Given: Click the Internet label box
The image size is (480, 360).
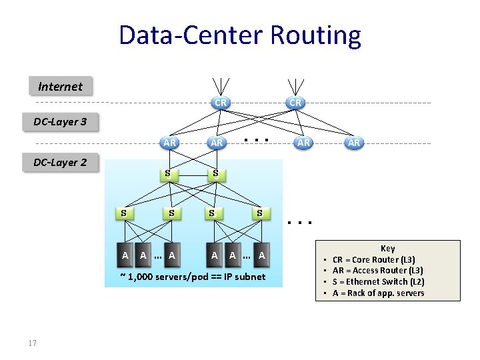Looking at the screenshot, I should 61,86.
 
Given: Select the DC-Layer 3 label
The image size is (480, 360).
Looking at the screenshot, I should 61,122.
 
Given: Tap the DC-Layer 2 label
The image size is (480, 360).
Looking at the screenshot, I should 61,162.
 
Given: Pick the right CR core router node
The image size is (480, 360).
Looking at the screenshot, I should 295,103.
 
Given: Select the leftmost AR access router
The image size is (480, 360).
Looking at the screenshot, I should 170,143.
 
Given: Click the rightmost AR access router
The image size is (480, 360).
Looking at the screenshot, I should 353,143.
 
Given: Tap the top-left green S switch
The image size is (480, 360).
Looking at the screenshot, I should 169,175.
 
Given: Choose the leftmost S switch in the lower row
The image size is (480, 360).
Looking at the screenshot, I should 124,213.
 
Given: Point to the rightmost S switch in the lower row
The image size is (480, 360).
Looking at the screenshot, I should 261,213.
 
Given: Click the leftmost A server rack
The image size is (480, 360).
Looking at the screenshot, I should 125,254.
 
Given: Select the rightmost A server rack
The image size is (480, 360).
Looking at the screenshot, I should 262,254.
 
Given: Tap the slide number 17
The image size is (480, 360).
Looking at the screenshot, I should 32,343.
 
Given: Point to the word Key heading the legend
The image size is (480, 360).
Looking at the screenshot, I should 387,248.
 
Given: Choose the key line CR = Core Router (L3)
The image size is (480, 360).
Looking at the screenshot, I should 377,259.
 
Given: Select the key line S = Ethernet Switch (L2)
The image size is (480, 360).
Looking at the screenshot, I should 378,282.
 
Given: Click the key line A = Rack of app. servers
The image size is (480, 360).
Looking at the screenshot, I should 378,293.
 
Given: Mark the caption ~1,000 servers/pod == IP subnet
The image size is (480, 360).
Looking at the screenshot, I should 192,277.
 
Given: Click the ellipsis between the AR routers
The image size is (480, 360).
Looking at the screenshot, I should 257,141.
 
